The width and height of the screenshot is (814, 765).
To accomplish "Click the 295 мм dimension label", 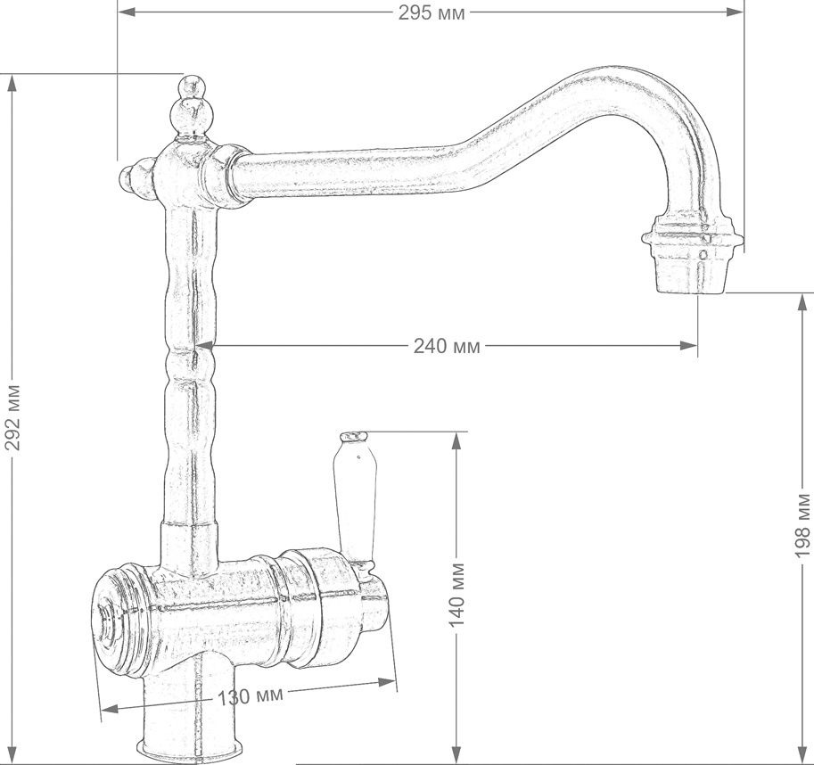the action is tap(432, 13).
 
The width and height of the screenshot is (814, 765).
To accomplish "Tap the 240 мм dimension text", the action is tap(447, 346).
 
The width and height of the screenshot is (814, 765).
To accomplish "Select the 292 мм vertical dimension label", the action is tap(12, 417).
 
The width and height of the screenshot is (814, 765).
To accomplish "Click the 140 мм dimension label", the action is tap(456, 593).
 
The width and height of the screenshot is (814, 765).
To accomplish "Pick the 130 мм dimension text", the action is tap(250, 696).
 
